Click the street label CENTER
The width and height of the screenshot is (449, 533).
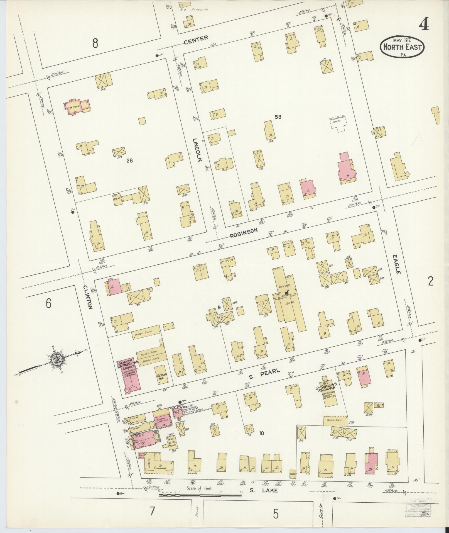click(x=196, y=40)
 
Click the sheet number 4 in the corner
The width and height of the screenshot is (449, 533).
click(x=423, y=25)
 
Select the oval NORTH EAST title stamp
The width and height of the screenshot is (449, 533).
click(x=402, y=47)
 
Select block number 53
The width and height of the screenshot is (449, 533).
click(x=278, y=117)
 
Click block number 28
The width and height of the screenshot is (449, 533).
click(x=129, y=160)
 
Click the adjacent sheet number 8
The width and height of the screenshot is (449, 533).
click(x=95, y=43)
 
